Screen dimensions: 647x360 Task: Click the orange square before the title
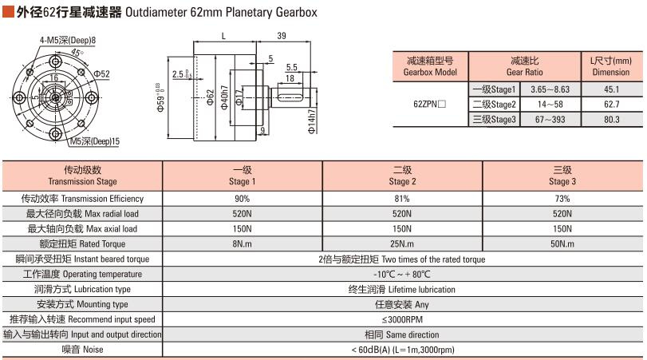8,12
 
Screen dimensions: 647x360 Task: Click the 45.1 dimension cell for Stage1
612,89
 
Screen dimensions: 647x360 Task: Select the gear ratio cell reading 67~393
550,120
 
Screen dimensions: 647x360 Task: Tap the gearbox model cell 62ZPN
429,104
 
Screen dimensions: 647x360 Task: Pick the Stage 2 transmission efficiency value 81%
402,199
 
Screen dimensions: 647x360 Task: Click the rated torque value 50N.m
562,244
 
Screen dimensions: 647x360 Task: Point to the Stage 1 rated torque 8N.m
242,244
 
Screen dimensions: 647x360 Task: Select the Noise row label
82,350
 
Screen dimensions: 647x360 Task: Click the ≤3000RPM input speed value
402,319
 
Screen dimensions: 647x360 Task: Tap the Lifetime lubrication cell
402,290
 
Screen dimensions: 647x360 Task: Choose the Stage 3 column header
562,176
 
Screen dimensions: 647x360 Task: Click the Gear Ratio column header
524,66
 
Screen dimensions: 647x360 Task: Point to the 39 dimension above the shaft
282,35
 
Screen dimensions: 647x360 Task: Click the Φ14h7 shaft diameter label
312,121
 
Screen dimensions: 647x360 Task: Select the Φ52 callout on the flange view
101,74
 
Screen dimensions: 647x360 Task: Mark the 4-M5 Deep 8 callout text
68,40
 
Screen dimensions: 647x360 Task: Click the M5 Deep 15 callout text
95,141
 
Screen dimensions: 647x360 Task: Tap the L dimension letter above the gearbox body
223,36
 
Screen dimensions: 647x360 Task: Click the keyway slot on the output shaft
290,98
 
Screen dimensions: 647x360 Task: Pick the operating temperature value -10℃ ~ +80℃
402,274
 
